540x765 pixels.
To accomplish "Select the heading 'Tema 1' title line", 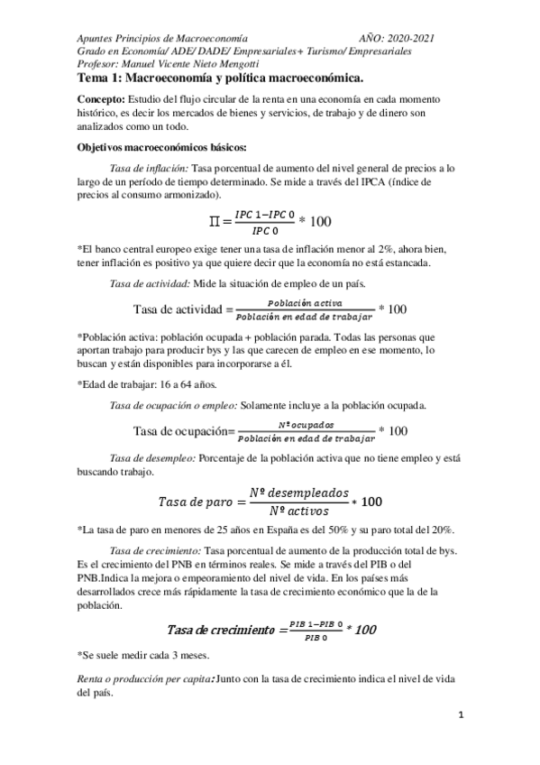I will point(220,79).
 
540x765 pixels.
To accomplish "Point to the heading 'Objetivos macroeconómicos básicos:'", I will point(156,147).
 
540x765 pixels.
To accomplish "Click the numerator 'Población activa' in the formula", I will point(305,303).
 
